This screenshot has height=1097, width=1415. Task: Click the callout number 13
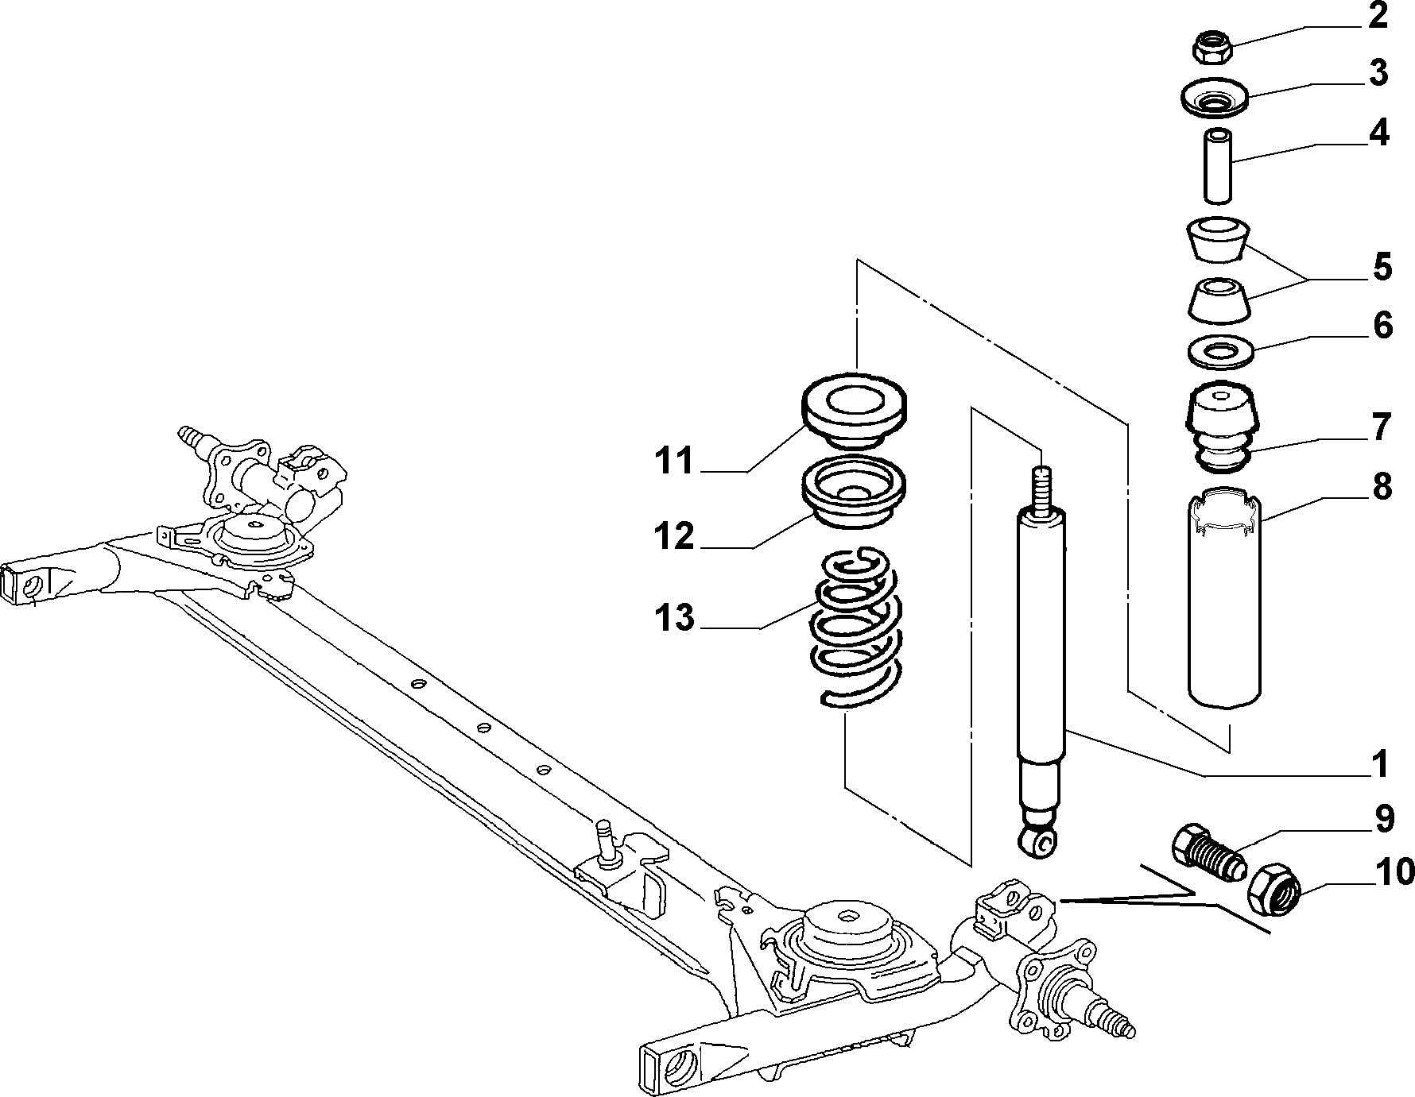pyautogui.click(x=675, y=617)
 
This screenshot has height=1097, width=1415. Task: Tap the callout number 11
pyautogui.click(x=675, y=461)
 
